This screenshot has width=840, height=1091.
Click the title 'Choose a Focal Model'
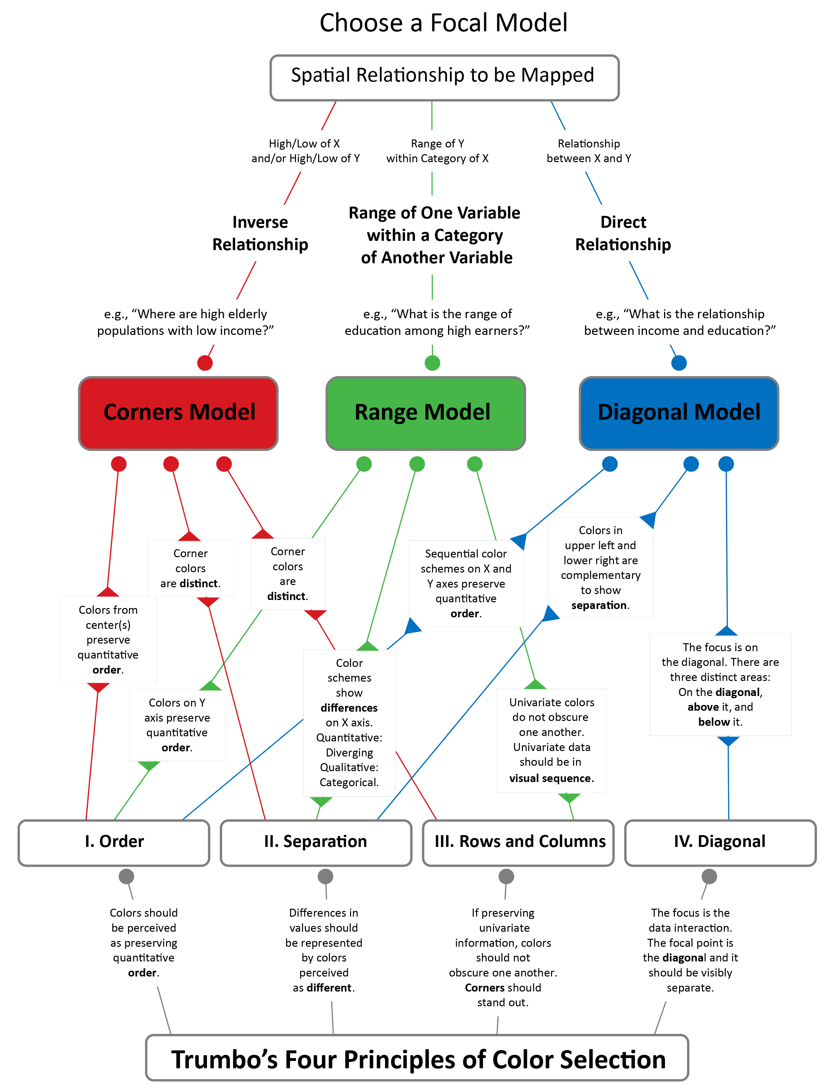point(443,23)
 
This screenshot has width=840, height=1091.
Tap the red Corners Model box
point(178,414)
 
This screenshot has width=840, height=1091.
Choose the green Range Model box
point(426,414)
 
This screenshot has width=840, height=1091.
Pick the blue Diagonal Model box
point(679,414)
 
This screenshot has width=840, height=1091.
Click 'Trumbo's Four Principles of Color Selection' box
point(417,1057)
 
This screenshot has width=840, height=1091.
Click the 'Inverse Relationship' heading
point(260,233)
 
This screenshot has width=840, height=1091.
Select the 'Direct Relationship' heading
point(623,233)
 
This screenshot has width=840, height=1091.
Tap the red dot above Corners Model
point(205,363)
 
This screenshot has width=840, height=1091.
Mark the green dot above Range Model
point(432,363)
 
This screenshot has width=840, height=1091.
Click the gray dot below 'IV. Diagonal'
point(709,876)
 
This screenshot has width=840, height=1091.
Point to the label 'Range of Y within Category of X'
point(437,151)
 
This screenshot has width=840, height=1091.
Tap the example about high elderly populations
point(185,322)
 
